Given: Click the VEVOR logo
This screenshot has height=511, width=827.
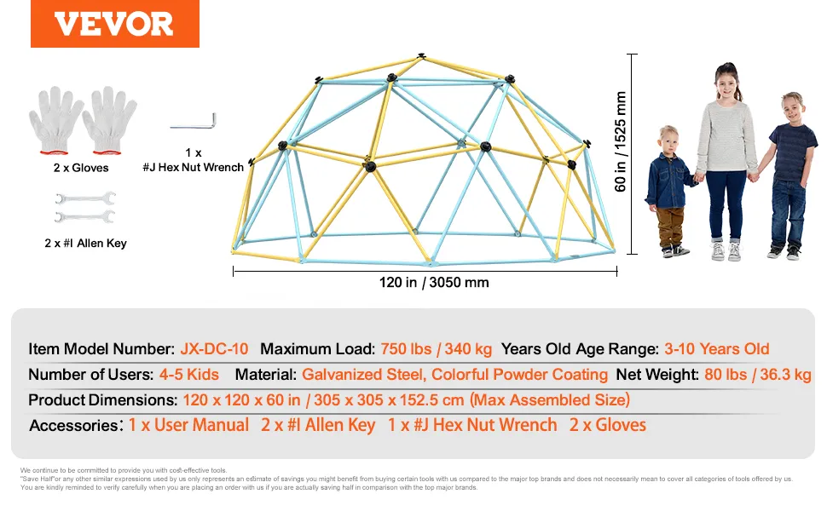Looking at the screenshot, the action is tap(114, 24).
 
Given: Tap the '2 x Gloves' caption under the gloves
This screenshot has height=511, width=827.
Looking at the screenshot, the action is tap(81, 168).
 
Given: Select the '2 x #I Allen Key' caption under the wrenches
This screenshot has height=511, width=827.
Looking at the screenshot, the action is tap(85, 243).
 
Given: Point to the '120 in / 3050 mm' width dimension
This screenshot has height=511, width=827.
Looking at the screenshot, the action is tap(434, 283).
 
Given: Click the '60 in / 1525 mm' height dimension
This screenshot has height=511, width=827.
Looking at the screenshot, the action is tap(621, 141).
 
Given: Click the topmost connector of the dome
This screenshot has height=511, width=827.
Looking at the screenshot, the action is tap(421, 55).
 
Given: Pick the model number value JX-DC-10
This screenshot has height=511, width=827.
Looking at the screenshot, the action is tap(214, 348).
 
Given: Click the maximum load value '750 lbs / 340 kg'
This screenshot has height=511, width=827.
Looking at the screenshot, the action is tap(437, 348).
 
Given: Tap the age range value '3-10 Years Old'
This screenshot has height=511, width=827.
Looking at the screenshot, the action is tap(717, 348).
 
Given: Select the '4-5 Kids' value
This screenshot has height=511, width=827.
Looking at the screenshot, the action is tap(188, 375).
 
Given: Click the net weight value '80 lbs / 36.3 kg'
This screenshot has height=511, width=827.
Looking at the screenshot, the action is tap(757, 375).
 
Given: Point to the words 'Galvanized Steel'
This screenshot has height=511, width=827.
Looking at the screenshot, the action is tap(363, 375).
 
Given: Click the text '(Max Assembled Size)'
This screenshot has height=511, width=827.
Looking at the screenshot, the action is tap(550, 399).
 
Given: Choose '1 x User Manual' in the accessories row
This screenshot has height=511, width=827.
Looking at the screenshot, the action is tap(188, 425).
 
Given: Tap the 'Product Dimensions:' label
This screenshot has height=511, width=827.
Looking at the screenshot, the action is tap(103, 399).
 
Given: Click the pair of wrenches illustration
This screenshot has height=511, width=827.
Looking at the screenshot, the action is tap(85, 208).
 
